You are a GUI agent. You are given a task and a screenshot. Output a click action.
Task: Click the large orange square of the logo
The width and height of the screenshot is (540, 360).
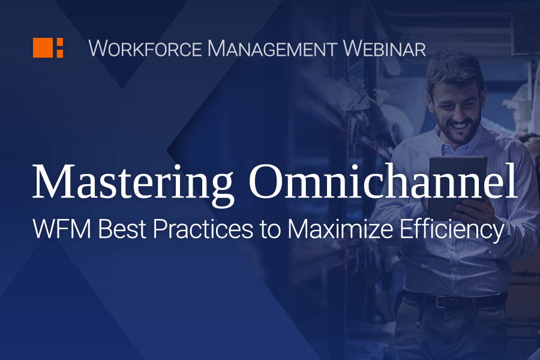(x=43, y=47)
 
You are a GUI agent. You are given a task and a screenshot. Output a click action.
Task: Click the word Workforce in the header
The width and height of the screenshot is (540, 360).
(x=145, y=49)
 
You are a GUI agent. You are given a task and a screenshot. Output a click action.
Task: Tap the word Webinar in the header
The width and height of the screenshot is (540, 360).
(x=385, y=49)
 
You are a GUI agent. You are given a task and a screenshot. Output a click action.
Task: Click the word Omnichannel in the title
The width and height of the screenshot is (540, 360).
(x=383, y=181)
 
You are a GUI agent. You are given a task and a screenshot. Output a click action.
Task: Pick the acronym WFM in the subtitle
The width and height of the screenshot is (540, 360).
(x=62, y=229)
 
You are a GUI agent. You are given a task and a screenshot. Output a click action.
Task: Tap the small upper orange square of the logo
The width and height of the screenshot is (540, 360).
(x=59, y=42)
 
